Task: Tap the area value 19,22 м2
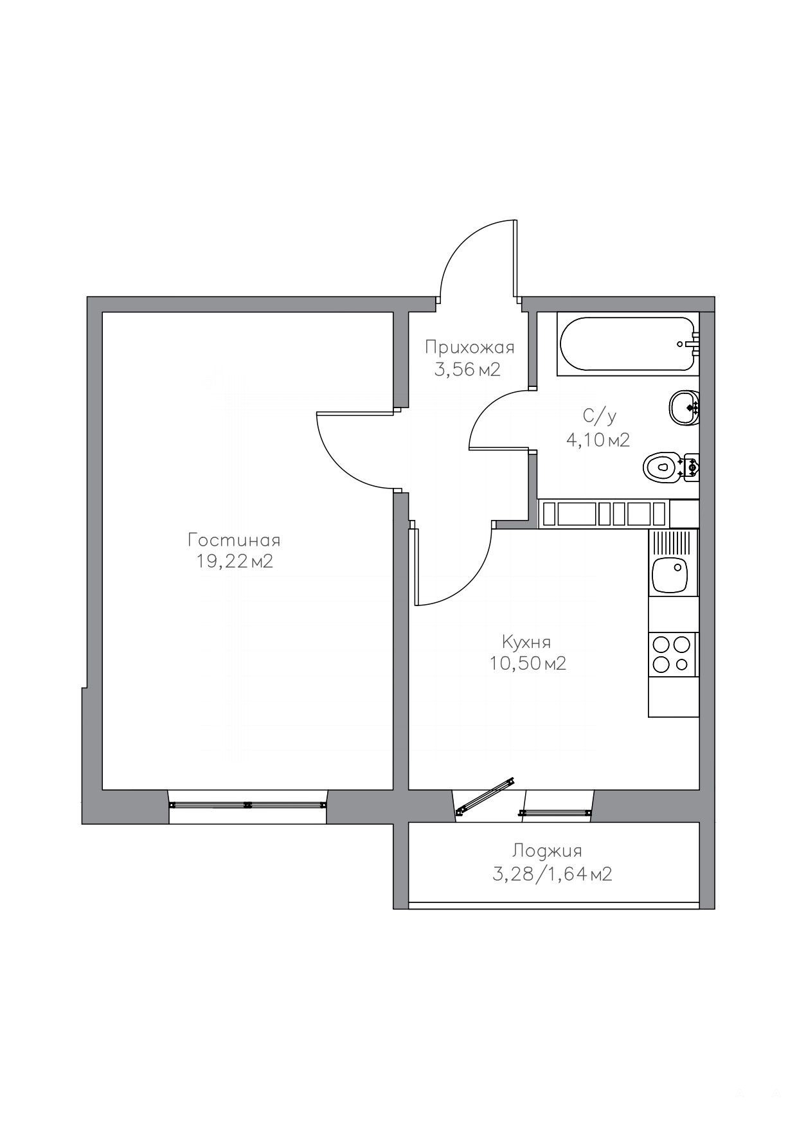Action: [235, 561]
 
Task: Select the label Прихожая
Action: [469, 348]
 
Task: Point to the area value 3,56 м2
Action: [467, 370]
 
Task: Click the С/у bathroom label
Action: [599, 417]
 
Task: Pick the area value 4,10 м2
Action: [597, 440]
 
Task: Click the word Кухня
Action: [526, 641]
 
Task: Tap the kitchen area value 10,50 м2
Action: [527, 663]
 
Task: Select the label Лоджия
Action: [547, 851]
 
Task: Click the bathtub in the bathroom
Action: [628, 344]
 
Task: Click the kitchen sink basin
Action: [670, 574]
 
